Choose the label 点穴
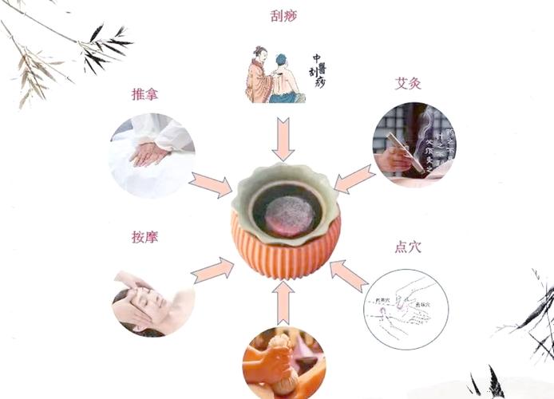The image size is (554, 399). pyautogui.click(x=408, y=247)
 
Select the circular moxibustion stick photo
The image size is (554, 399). pyautogui.click(x=414, y=144)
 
